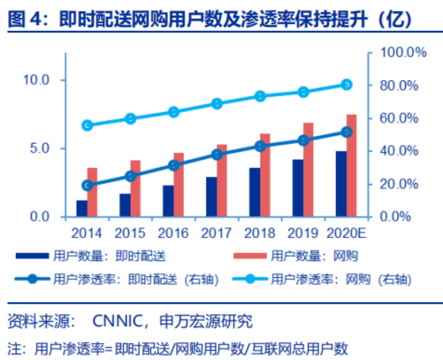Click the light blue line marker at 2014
[87, 125]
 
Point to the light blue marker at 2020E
[346, 84]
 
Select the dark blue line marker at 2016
[173, 165]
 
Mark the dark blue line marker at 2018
[260, 146]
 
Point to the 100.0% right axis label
[403, 52]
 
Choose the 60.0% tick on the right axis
[400, 118]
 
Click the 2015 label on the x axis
[130, 233]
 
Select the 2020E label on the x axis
[346, 233]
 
